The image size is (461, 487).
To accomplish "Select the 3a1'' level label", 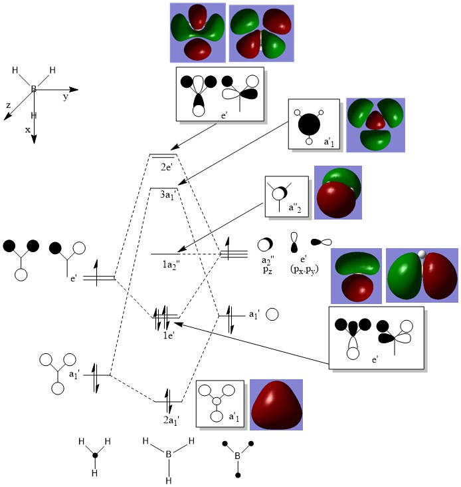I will [x=168, y=195].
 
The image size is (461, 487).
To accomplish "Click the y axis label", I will [x=66, y=97].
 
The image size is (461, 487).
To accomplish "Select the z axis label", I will [x=8, y=105].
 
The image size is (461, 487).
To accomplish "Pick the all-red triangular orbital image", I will [x=276, y=405].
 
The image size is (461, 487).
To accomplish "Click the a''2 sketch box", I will [x=286, y=197].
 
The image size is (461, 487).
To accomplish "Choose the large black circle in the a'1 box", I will [x=309, y=123].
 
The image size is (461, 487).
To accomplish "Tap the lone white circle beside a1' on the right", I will [x=272, y=313].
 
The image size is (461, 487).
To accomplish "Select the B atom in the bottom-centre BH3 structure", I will [x=169, y=454].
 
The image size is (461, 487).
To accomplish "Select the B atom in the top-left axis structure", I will [x=33, y=88].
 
